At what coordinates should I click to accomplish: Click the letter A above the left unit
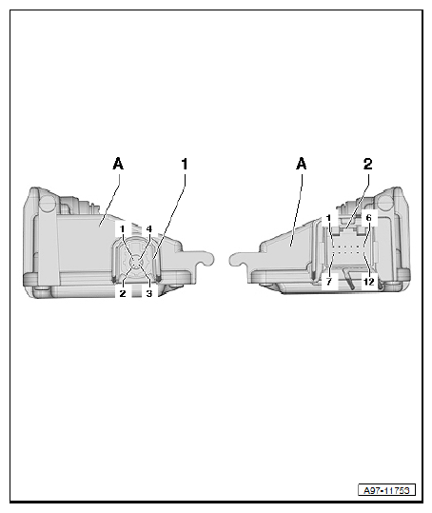point(118,164)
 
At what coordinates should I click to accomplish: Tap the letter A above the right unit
point(302,164)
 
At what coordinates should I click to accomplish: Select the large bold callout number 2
point(368,164)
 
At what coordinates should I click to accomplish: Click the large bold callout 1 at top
point(185,164)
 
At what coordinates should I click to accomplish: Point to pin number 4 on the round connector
point(148,228)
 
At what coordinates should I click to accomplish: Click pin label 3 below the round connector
point(149,293)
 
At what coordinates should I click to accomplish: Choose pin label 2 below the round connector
point(123,293)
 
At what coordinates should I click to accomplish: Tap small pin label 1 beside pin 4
point(123,228)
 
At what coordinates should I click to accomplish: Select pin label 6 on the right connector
point(369,218)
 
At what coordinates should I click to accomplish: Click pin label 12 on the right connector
point(368,282)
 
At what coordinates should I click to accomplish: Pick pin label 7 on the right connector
point(329,282)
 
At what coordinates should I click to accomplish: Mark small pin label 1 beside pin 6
point(328,218)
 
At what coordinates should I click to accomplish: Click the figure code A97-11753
point(386,490)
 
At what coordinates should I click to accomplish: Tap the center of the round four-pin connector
point(136,262)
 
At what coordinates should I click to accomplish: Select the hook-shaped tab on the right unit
point(245,259)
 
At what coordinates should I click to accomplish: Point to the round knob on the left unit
point(48,203)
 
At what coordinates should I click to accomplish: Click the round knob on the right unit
point(385,203)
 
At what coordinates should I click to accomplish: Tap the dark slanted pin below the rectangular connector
point(348,279)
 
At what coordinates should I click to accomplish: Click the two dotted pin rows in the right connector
point(348,249)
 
